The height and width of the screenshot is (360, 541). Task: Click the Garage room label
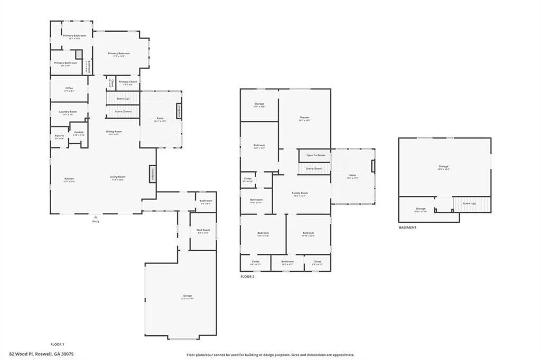point(188,296)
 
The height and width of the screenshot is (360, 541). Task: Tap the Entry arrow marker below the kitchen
point(96,217)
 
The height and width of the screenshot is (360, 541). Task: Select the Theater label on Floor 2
point(304,118)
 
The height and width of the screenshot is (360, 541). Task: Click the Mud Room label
point(203,230)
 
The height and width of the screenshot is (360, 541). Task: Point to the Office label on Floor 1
point(69,88)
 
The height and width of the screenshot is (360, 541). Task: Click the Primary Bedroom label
point(119,53)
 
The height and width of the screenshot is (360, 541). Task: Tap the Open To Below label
point(315,155)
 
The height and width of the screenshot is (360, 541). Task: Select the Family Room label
point(300,193)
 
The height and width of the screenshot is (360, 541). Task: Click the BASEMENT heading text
point(408,228)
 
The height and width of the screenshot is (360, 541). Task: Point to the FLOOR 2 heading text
point(247,276)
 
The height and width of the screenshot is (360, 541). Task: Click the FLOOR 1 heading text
point(57,344)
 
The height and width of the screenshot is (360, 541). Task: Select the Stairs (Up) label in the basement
point(470,203)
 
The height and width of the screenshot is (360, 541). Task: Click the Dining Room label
point(114,131)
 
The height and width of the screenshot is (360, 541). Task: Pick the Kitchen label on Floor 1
point(69,179)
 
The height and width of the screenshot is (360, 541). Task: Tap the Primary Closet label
point(127,82)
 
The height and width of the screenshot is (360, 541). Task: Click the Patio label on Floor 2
point(352,175)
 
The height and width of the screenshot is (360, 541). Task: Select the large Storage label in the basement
point(443,167)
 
